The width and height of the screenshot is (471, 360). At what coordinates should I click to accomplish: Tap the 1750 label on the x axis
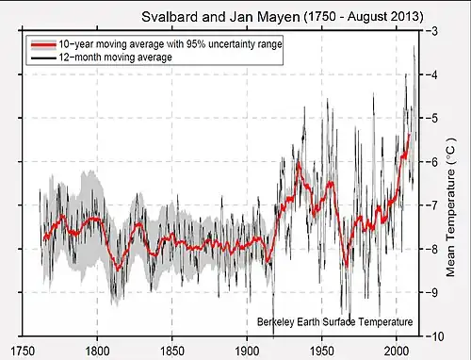point(23,351)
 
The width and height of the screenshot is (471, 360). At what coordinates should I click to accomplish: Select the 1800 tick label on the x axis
point(97,351)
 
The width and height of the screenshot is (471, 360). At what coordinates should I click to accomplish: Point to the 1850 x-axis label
point(172,351)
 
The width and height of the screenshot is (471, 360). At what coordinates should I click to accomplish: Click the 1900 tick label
point(247,351)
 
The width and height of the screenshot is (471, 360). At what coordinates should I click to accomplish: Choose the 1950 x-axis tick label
point(322,351)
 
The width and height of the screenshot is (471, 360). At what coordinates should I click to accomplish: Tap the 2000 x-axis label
point(397,351)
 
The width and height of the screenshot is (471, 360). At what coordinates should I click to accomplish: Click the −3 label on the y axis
point(432,31)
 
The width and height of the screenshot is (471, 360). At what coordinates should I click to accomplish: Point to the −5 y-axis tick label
point(432,118)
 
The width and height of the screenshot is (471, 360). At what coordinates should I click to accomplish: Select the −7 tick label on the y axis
point(432,205)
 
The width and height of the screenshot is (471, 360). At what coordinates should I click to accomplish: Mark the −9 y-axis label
point(432,292)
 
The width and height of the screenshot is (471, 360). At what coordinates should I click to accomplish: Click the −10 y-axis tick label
point(435,336)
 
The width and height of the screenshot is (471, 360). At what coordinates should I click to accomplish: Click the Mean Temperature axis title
point(450,207)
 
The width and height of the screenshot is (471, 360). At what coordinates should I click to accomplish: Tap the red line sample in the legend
point(43,44)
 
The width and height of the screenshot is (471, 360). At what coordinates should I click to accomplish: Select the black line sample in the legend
point(43,57)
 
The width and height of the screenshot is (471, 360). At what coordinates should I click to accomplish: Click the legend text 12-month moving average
point(116,57)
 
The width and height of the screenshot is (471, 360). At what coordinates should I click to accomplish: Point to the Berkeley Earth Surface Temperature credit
point(334,322)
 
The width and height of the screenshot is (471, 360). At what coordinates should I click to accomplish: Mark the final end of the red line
point(410,135)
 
